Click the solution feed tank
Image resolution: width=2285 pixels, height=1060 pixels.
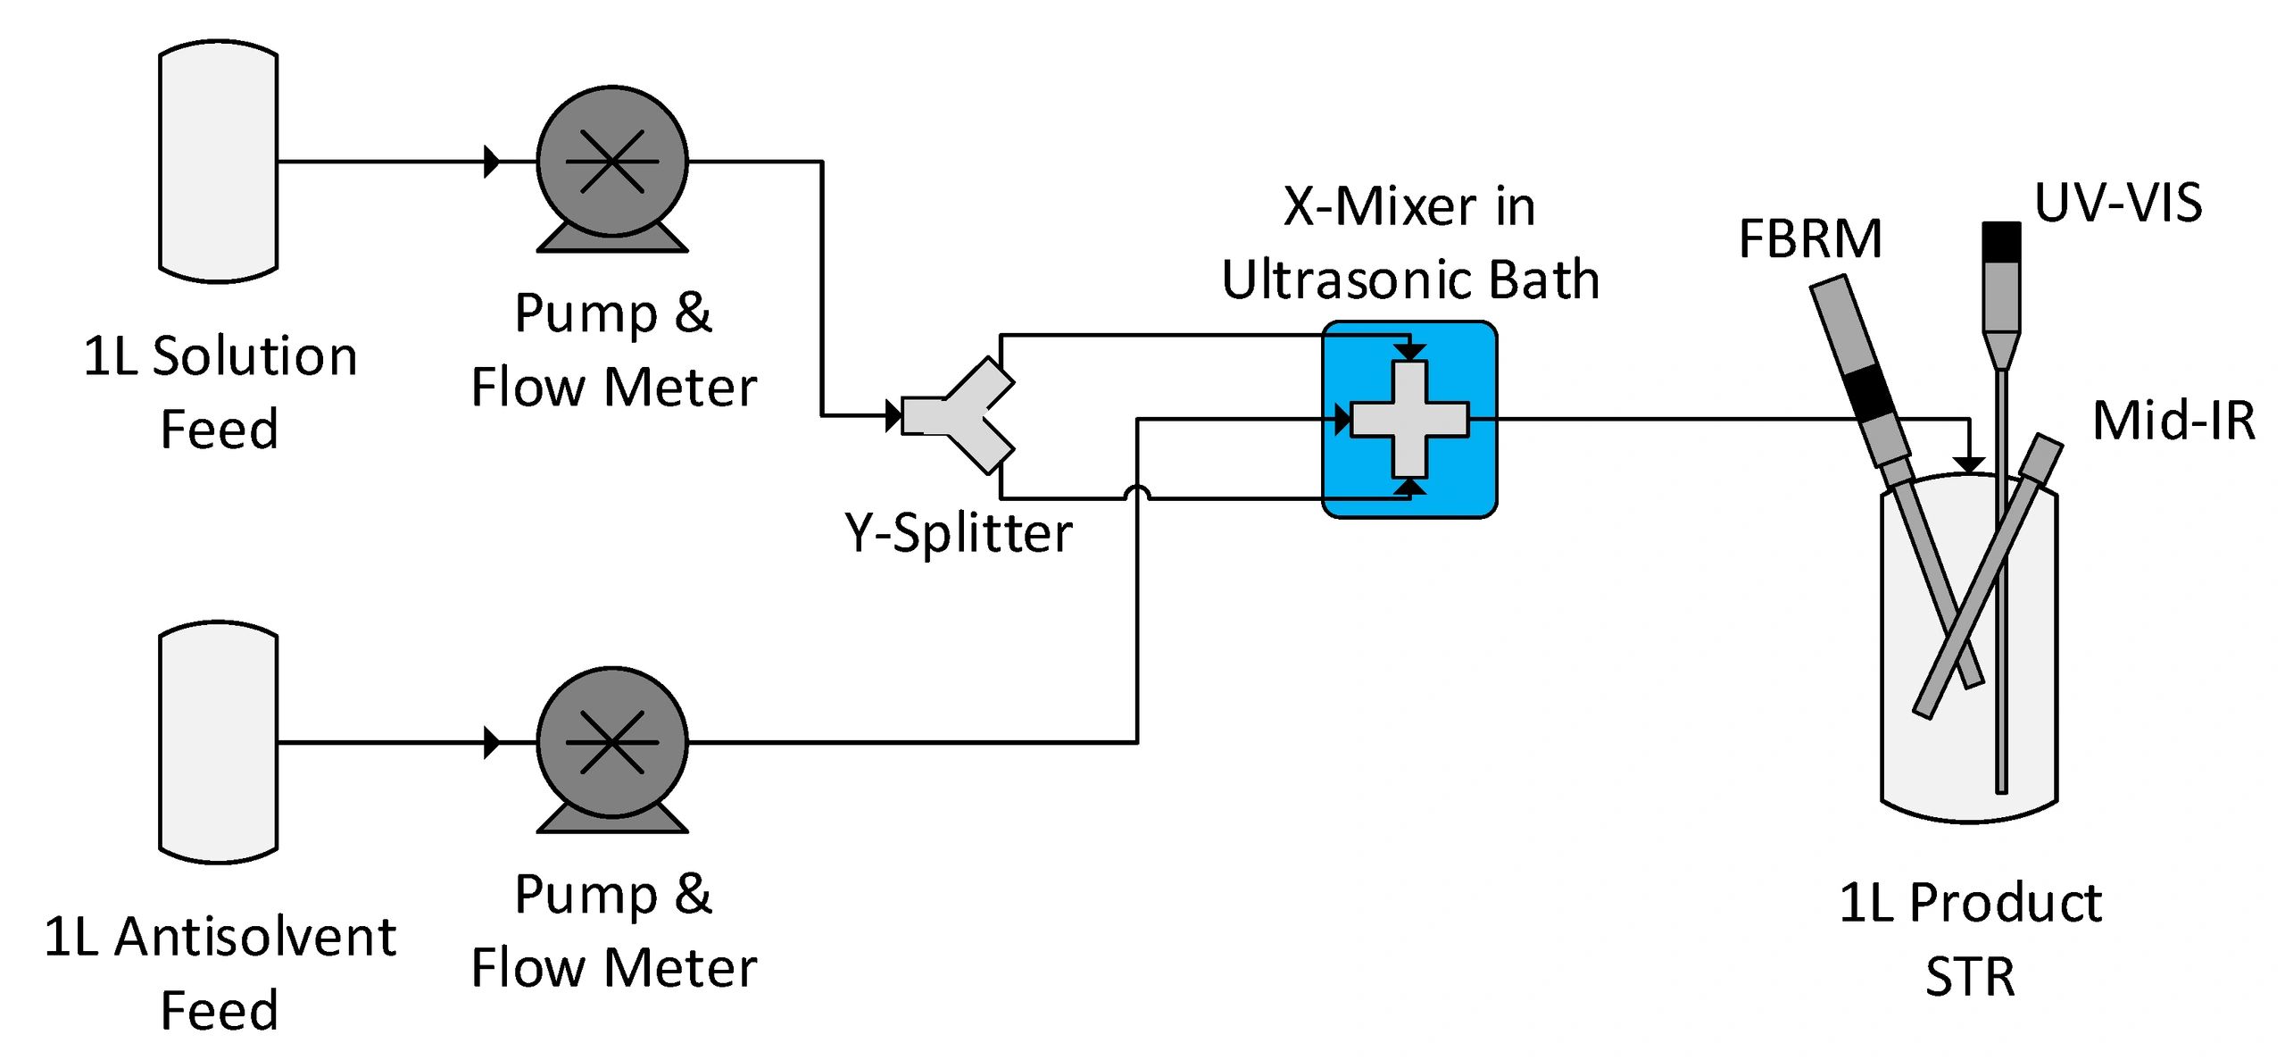218,162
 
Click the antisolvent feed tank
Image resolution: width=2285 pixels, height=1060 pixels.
218,742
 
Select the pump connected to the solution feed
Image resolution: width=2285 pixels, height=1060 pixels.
612,163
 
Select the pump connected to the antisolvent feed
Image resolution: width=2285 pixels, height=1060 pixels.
612,743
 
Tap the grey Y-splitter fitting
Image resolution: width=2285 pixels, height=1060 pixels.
960,415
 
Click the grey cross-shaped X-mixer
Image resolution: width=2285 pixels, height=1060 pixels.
1409,419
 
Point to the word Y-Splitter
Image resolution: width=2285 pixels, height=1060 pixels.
958,533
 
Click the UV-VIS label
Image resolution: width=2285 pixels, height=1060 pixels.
2117,203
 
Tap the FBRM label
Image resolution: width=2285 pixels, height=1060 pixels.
1810,239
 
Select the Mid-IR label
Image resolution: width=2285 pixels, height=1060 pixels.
2173,421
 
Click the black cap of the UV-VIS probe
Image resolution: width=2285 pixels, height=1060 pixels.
2001,242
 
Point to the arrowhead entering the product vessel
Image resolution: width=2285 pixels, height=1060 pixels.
1969,465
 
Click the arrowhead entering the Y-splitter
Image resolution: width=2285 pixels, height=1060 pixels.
893,415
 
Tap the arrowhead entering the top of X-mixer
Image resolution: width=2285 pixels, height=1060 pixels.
1409,353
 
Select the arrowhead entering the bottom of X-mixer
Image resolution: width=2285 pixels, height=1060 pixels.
1409,486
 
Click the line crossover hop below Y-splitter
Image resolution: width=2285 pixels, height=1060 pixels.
1137,493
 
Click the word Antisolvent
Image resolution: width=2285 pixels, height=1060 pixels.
255,938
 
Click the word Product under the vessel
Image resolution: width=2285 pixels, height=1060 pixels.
2005,903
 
